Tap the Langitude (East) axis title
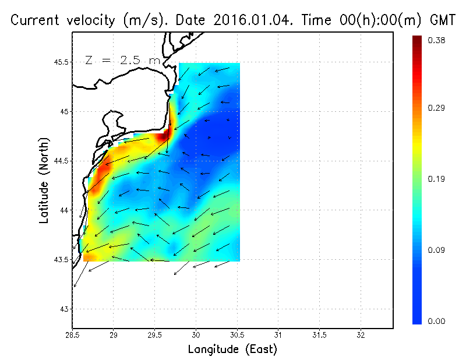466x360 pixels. [x=232, y=350]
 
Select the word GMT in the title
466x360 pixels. [x=443, y=20]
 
